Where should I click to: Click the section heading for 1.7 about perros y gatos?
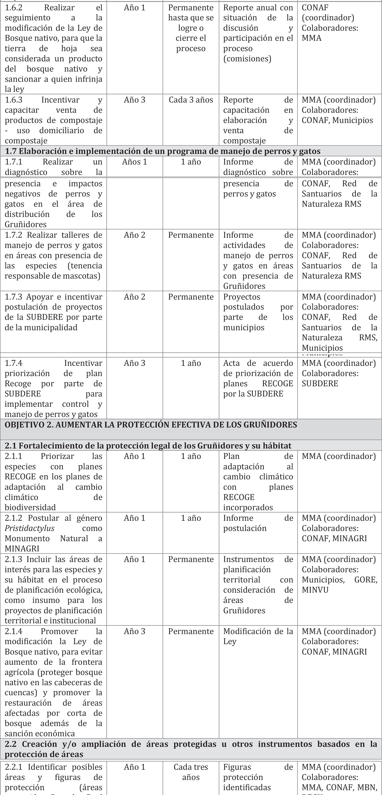click(163, 151)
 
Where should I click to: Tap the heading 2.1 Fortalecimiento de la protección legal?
click(148, 446)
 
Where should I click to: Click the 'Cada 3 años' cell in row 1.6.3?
click(191, 100)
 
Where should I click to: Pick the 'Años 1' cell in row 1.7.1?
click(134, 162)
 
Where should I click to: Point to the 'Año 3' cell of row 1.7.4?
click(134, 363)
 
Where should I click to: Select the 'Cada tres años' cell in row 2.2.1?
click(191, 772)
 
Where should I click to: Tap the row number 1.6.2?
click(13, 8)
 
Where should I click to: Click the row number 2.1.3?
click(13, 560)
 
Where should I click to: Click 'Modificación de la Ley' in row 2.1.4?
click(258, 636)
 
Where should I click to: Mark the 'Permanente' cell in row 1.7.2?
click(191, 235)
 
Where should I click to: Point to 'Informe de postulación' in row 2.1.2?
click(258, 523)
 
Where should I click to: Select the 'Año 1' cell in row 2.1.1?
click(134, 456)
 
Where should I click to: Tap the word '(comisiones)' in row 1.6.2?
click(247, 59)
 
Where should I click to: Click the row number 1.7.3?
click(13, 297)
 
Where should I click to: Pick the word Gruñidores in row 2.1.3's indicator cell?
click(244, 611)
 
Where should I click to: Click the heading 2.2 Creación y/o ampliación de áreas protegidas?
click(191, 749)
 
